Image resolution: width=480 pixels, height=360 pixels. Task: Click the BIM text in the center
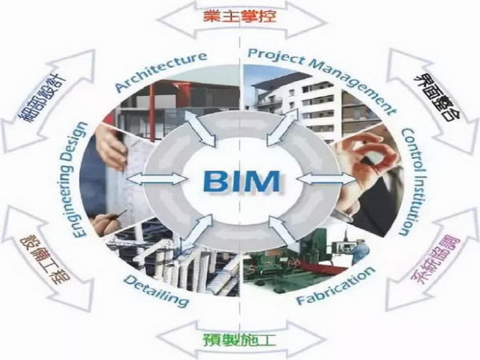coord(239,180)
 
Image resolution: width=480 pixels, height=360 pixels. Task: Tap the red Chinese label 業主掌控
coord(241,15)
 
